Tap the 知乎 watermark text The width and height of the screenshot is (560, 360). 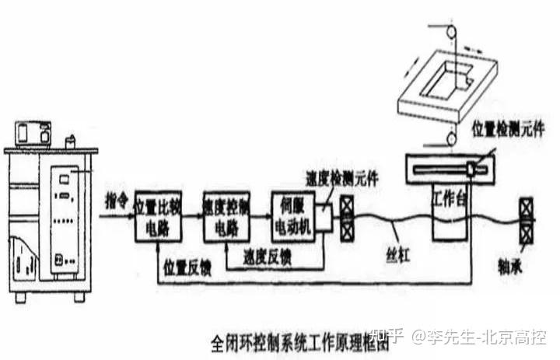click(x=387, y=337)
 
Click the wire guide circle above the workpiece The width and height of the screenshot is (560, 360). click(x=449, y=30)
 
